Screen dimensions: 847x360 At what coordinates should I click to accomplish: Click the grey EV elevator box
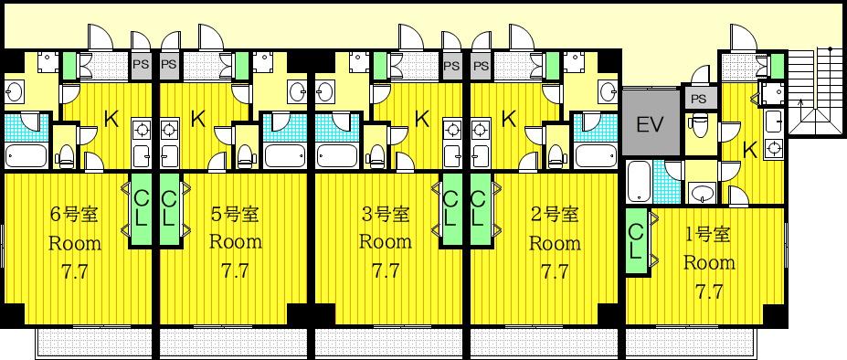click(x=650, y=123)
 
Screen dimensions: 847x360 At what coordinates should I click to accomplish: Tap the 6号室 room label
click(x=73, y=215)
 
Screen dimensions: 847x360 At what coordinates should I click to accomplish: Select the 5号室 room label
click(x=235, y=215)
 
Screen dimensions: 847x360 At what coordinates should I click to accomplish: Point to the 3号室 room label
click(x=385, y=215)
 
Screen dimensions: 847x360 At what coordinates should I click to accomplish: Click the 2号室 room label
click(x=554, y=215)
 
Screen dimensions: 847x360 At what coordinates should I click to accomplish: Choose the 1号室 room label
click(x=707, y=235)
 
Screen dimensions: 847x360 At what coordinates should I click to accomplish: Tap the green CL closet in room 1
click(x=637, y=241)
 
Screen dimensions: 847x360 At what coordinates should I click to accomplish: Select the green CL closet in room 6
click(x=141, y=210)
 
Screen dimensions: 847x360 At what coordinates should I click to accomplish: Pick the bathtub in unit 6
click(x=26, y=155)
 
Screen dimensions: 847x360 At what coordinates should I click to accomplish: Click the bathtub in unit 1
click(x=640, y=182)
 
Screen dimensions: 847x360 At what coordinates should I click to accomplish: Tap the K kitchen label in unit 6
click(x=111, y=120)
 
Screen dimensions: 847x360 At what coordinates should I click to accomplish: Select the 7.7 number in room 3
click(x=386, y=270)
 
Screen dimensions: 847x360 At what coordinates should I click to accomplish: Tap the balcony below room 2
click(x=544, y=342)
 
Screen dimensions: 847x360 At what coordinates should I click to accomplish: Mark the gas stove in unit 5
click(x=169, y=131)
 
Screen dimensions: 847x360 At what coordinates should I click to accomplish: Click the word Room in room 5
click(x=236, y=241)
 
